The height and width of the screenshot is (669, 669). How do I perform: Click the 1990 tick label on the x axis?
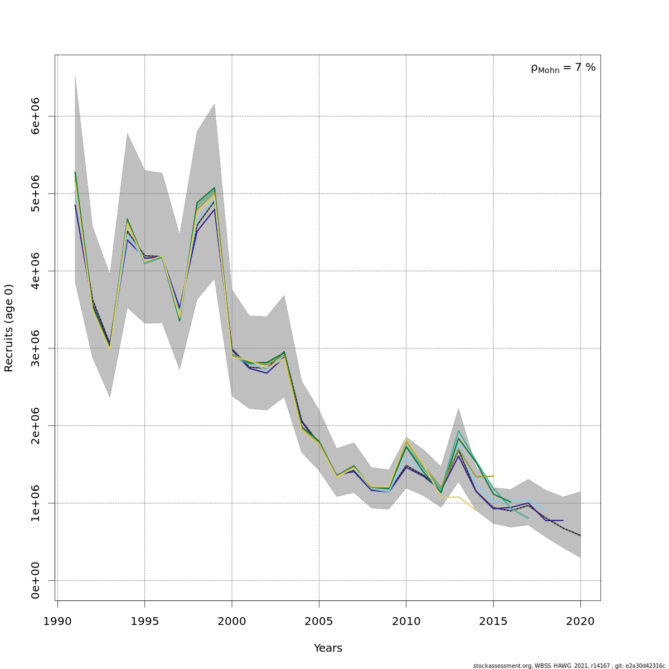[x=57, y=621]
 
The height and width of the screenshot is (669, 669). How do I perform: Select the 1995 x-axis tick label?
[x=144, y=621]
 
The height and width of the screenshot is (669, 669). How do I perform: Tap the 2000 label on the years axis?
[x=232, y=621]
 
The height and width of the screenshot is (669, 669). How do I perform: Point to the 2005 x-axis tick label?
[x=319, y=621]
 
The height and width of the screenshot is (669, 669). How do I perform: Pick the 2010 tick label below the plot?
[x=406, y=621]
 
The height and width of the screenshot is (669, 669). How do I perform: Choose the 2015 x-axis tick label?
[x=493, y=621]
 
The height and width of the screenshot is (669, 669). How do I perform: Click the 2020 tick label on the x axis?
[x=580, y=621]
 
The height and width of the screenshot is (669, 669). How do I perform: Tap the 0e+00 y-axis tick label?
[x=36, y=580]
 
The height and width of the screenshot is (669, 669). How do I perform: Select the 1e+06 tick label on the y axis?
[x=36, y=503]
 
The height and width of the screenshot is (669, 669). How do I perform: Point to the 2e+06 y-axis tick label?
[x=36, y=425]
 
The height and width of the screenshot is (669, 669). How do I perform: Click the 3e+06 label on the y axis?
[x=36, y=348]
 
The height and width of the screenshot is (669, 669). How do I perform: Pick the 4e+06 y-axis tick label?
[x=36, y=271]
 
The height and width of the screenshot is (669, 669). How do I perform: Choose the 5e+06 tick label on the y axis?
[x=36, y=193]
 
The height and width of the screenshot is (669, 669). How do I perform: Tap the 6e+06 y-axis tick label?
[x=36, y=116]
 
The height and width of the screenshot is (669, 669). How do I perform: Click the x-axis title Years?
[x=328, y=648]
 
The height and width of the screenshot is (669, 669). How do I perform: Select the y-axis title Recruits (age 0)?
[x=9, y=328]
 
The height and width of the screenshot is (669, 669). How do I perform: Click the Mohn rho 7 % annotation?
[x=563, y=68]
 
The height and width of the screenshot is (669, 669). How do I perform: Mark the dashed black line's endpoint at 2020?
[x=580, y=536]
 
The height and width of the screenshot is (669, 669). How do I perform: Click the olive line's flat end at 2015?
[x=493, y=476]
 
